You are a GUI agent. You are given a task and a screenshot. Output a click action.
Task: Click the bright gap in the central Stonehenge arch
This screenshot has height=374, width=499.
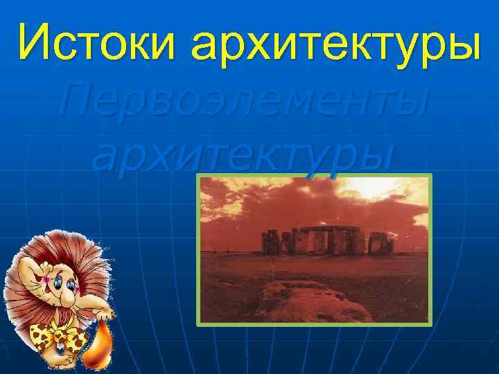(x=319, y=241)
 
